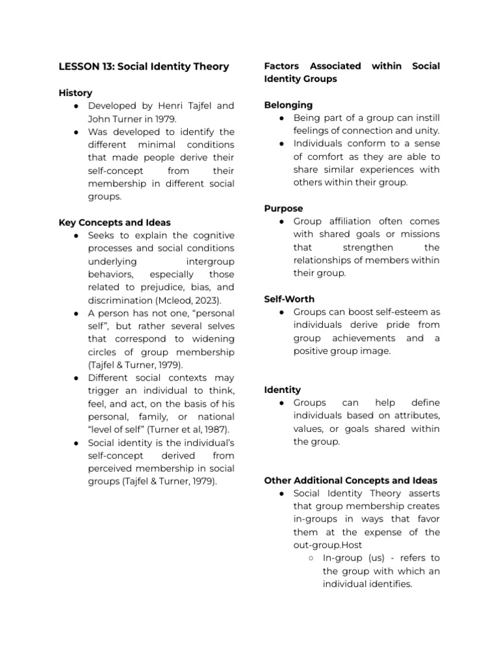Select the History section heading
[x=75, y=93]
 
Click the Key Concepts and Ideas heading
[x=115, y=222]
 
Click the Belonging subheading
[x=288, y=105]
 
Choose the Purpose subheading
[x=283, y=208]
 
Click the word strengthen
[x=365, y=247]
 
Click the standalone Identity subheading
[x=283, y=390]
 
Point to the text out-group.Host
[x=328, y=545]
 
